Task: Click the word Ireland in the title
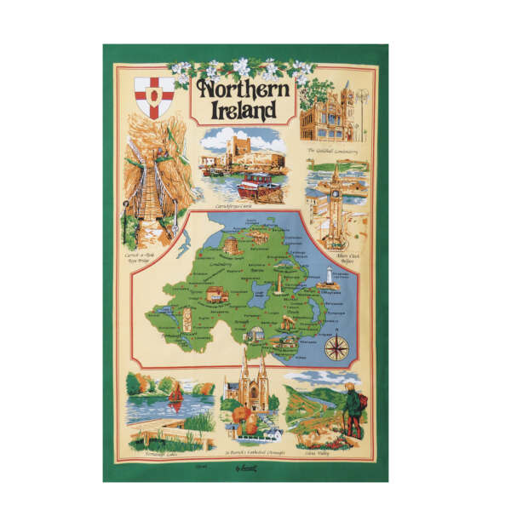(241, 111)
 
